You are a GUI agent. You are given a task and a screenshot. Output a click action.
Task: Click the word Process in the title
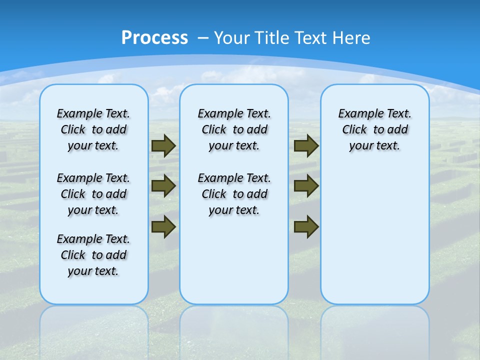(x=154, y=37)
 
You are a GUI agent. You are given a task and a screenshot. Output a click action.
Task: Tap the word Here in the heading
(x=352, y=38)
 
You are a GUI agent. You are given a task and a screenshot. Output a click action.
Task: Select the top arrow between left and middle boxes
(x=163, y=146)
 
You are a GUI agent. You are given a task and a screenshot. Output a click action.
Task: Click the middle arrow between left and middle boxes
(x=163, y=186)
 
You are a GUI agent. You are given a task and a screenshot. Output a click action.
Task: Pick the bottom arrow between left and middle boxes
(x=163, y=226)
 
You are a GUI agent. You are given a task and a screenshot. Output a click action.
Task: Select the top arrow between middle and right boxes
(x=306, y=146)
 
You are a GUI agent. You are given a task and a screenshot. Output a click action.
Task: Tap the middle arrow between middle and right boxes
(x=306, y=186)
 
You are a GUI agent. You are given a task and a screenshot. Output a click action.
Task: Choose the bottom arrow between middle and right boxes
(x=306, y=226)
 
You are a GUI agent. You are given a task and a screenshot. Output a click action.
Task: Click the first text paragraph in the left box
(x=93, y=129)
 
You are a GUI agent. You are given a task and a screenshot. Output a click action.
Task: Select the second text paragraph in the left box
(x=93, y=194)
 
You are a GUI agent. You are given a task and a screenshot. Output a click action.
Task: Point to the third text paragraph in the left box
(x=93, y=255)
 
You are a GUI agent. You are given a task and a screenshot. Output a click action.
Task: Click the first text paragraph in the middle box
(x=234, y=129)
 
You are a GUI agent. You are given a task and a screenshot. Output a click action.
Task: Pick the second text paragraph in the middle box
(x=234, y=194)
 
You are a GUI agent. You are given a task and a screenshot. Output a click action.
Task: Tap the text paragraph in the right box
(x=374, y=129)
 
